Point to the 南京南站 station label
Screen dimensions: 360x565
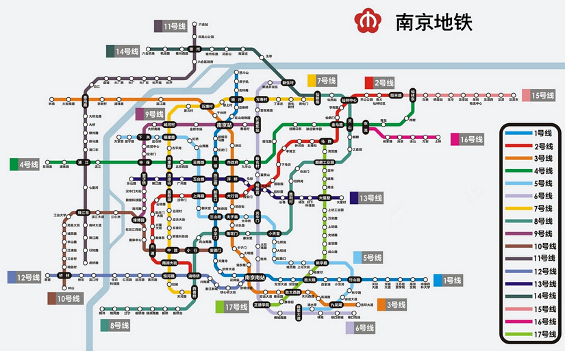point(255,278)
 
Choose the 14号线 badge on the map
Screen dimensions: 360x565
point(123,51)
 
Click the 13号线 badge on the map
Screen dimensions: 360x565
point(366,198)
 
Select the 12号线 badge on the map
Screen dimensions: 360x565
point(25,277)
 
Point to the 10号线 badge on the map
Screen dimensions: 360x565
point(63,298)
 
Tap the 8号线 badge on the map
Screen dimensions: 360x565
point(116,325)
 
